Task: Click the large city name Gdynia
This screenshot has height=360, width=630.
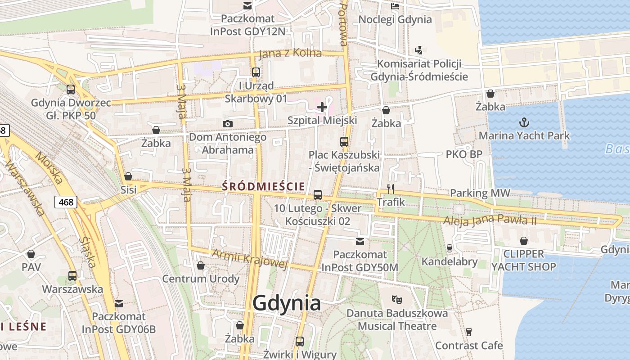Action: click(287, 303)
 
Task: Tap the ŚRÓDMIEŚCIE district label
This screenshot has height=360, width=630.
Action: click(264, 186)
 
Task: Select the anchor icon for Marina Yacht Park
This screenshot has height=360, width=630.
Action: click(524, 122)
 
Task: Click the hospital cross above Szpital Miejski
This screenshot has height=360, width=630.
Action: click(322, 107)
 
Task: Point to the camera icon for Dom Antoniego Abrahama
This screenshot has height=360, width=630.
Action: click(228, 124)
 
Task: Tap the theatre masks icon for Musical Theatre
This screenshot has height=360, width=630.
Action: click(396, 299)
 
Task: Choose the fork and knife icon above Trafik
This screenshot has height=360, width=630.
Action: click(391, 189)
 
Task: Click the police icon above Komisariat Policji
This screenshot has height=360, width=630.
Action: click(419, 50)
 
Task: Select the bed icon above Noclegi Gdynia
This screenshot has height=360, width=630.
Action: click(395, 6)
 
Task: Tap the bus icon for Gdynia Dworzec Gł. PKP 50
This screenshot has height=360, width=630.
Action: click(71, 89)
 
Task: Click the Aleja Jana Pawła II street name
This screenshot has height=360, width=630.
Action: click(490, 220)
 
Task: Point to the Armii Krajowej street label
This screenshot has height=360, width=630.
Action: click(249, 259)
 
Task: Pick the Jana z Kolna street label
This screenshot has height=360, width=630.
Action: click(290, 53)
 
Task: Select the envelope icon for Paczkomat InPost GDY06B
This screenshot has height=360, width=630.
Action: click(119, 304)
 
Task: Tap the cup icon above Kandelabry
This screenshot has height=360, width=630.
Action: click(449, 248)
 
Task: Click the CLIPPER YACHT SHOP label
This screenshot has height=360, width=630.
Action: click(523, 260)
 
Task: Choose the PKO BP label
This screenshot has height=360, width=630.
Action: click(464, 154)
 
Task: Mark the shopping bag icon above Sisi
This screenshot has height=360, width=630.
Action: click(128, 176)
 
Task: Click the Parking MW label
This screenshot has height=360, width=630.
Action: click(480, 193)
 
